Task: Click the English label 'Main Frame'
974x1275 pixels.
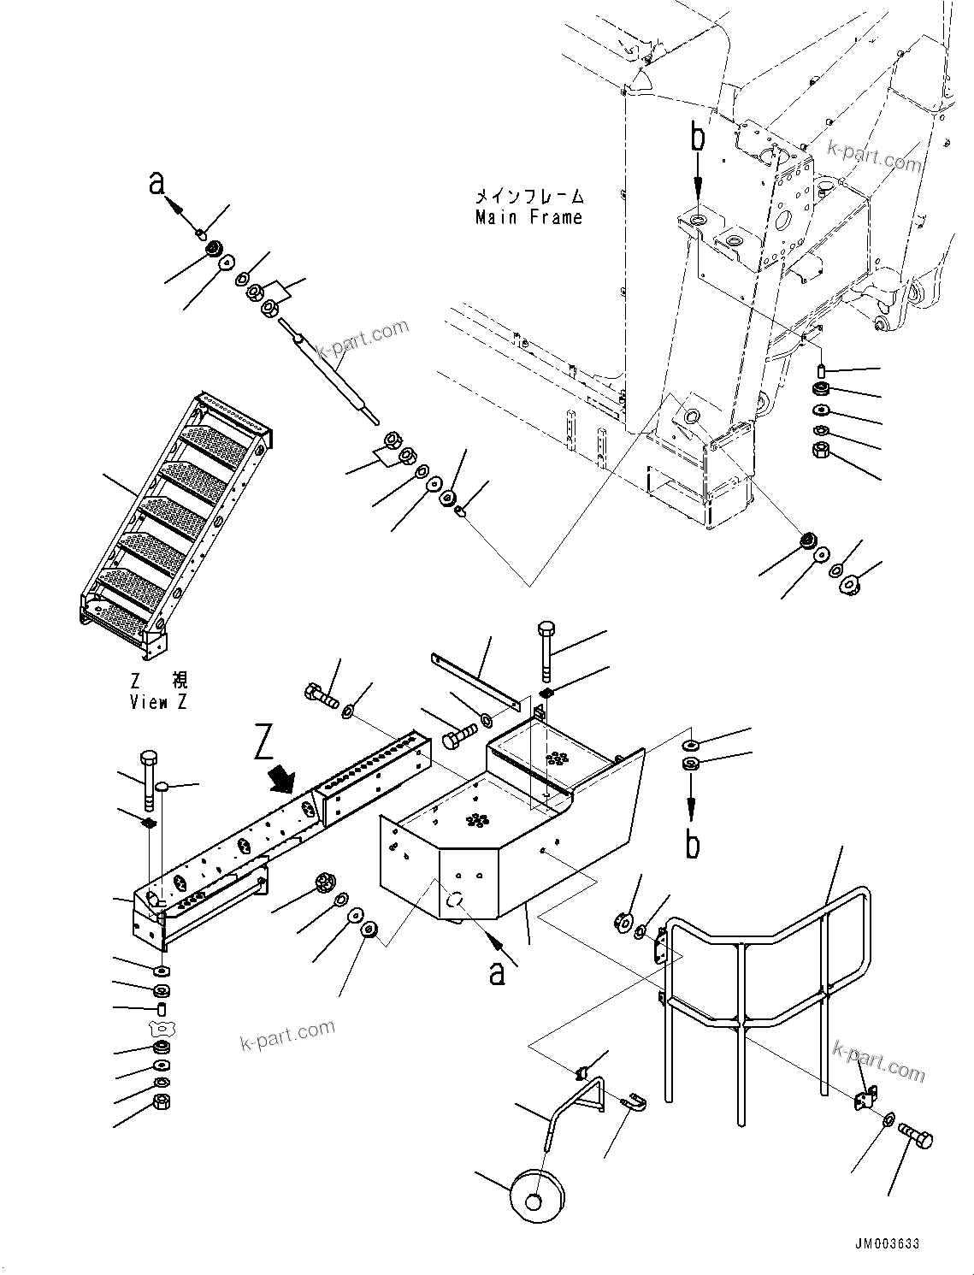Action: (528, 217)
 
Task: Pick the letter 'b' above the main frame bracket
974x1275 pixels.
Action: (698, 139)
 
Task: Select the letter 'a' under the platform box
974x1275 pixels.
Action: (497, 972)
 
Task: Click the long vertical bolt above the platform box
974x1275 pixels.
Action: (547, 651)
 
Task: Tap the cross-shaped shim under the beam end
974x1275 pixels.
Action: (160, 1026)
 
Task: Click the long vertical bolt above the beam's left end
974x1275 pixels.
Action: (149, 780)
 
